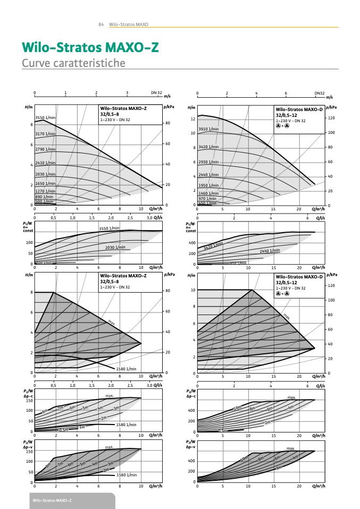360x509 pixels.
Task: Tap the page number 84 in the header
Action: [x=101, y=24]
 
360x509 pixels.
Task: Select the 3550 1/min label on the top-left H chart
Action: [x=45, y=117]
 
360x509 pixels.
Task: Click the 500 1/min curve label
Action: [x=45, y=201]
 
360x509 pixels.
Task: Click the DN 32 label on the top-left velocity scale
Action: [x=156, y=92]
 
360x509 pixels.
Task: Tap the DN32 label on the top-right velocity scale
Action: [x=319, y=92]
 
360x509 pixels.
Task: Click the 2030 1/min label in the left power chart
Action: [x=115, y=247]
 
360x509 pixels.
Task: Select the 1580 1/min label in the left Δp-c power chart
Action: [x=127, y=425]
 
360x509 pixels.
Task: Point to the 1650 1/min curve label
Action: [x=45, y=183]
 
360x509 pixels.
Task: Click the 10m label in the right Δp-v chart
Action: [x=245, y=458]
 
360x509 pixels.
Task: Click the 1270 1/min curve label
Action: [x=45, y=191]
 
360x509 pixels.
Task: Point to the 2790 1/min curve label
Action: [x=45, y=150]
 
